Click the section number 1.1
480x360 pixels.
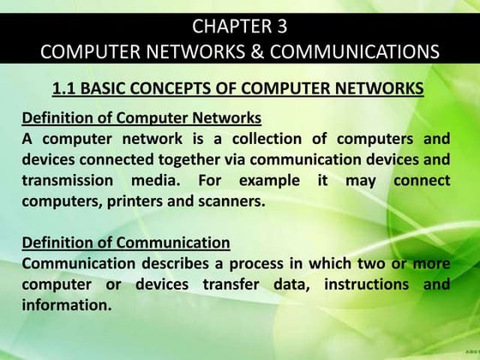[65, 87]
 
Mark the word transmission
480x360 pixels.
[68, 181]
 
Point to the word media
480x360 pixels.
[152, 181]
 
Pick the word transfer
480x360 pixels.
[235, 284]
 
